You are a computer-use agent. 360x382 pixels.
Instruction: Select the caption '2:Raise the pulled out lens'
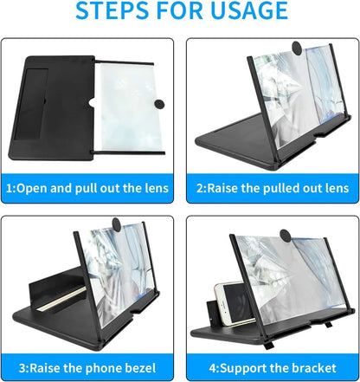[270, 188]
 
